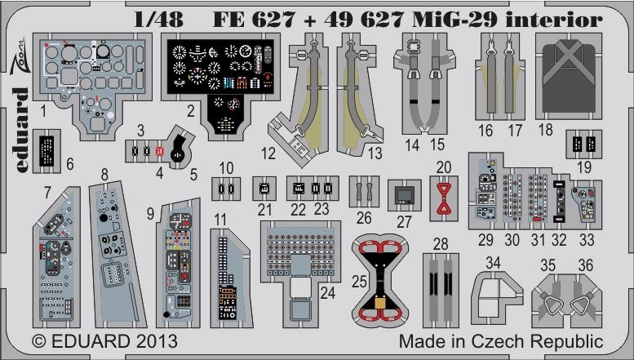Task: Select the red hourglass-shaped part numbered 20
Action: [443, 198]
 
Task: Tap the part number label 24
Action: [328, 291]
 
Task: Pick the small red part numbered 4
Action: [159, 151]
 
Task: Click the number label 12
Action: [269, 153]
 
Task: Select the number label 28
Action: [441, 244]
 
